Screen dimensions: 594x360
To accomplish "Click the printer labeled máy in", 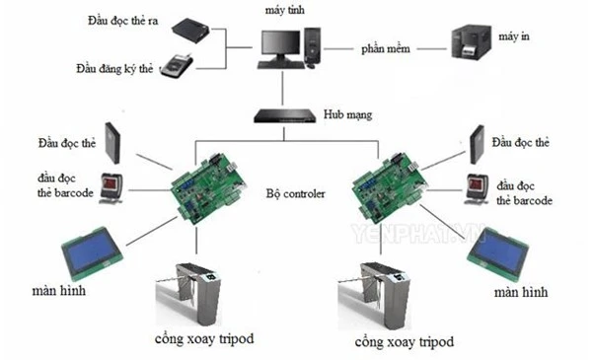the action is coord(472,41).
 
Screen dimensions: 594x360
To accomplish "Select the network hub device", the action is coord(285,115).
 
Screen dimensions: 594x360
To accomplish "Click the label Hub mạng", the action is coord(347,114).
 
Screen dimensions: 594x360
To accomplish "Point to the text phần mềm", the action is coord(385,49).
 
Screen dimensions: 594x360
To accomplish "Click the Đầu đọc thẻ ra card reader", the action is coord(191,30).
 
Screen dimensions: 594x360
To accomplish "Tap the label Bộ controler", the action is coord(295,194).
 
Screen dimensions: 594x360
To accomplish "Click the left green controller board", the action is coord(208,187).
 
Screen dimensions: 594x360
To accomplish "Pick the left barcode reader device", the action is coord(111,188).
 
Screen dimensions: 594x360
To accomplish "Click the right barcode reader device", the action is coord(478,189).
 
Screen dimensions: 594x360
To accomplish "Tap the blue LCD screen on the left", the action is coord(92,251).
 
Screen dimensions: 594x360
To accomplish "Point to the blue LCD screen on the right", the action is coord(497,252).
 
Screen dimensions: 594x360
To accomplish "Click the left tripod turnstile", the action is coord(188,294).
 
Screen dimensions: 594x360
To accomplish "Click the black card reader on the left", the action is coord(112,143).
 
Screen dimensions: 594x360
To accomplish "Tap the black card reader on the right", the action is coord(477,145).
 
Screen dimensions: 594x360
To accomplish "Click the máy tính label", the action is coord(285,10).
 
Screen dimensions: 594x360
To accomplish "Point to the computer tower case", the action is coord(313,45).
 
